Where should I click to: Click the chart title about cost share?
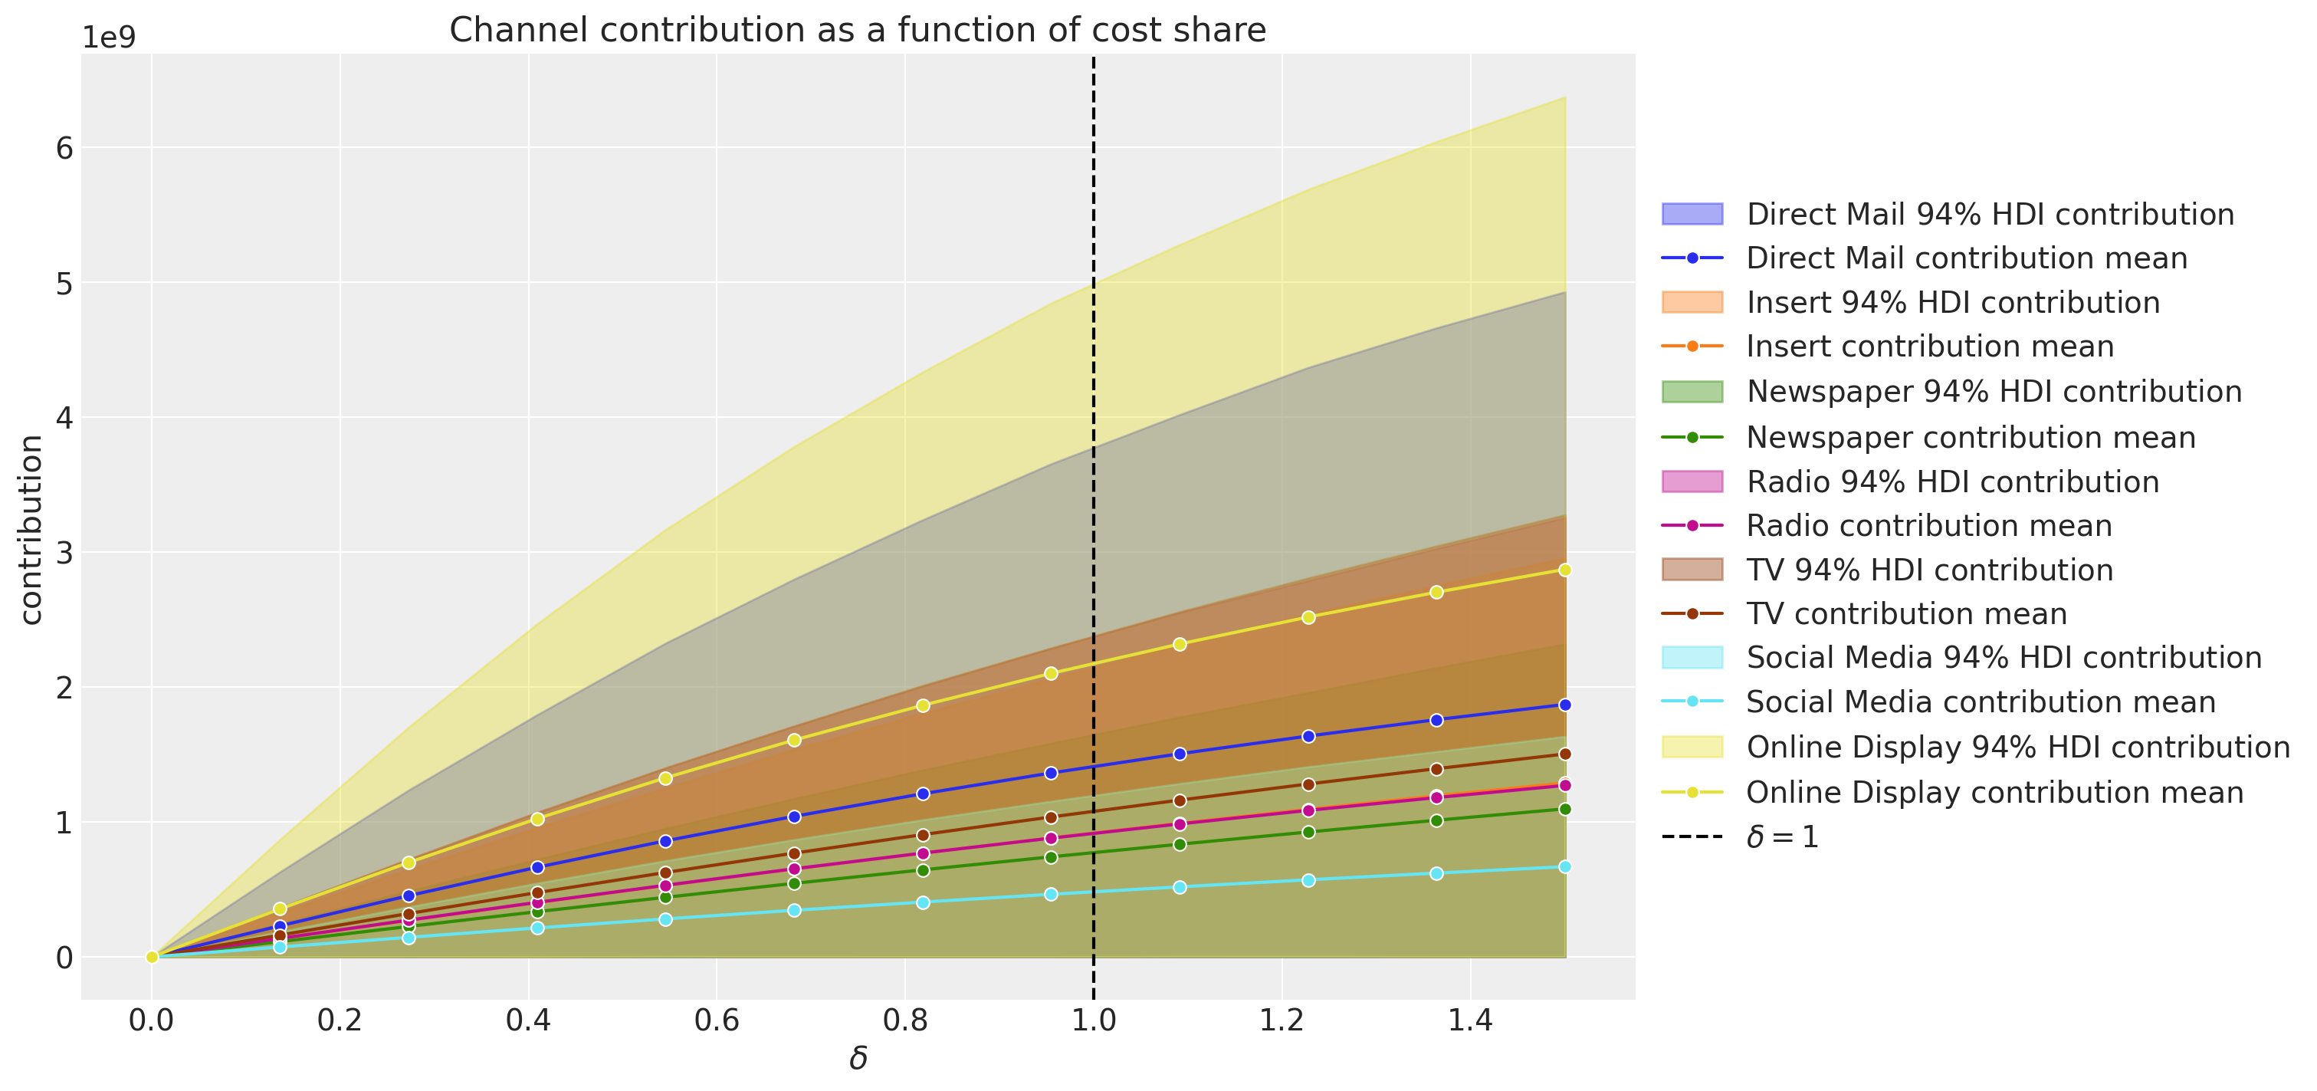857,30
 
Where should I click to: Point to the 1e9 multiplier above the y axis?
109,38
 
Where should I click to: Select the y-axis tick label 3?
64,552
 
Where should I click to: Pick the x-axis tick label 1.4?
1470,1020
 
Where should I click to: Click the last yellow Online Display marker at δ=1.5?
1565,570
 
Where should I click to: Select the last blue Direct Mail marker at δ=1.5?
1565,705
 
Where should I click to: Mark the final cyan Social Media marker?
1565,867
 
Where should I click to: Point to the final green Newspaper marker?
1565,810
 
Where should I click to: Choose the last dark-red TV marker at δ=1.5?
1565,754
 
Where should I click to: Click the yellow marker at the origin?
152,957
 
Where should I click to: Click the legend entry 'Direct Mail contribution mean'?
1966,258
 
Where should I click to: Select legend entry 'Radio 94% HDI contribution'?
1952,482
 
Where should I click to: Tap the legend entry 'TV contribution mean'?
1906,614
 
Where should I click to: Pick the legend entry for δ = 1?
1782,837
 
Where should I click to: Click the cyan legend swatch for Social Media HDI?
1692,658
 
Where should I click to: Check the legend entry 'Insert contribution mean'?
1929,347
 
